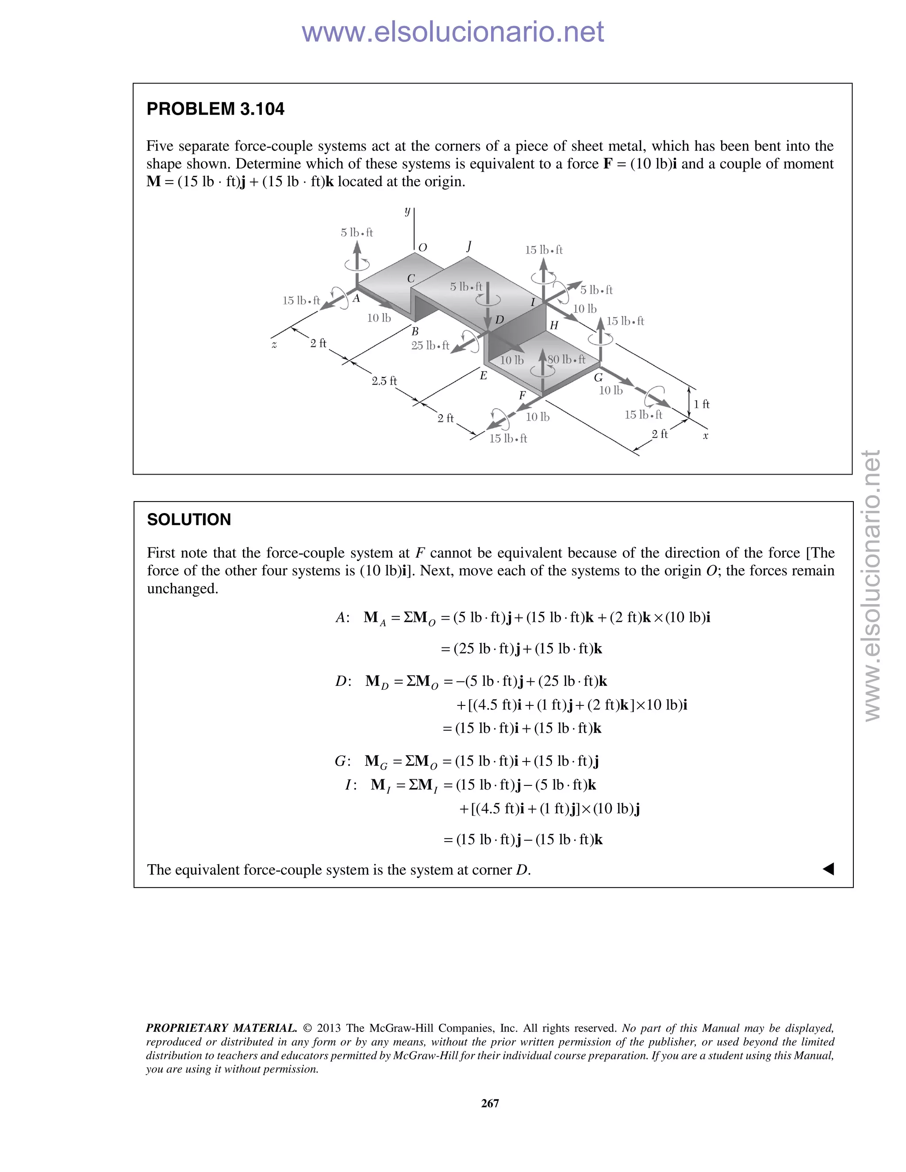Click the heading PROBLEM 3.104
coord(215,109)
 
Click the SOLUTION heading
coord(189,520)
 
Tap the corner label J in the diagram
coord(469,246)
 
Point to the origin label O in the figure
coord(422,247)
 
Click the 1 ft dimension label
coord(702,404)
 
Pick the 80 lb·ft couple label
coord(567,359)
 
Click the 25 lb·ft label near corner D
coord(430,345)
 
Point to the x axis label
coord(706,436)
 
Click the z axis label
coord(274,345)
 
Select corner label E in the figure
coord(483,375)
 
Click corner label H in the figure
coord(554,325)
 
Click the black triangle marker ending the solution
coord(828,869)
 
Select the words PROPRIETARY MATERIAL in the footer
coord(221,1028)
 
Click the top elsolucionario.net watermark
coord(453,32)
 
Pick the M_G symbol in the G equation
coord(375,762)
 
